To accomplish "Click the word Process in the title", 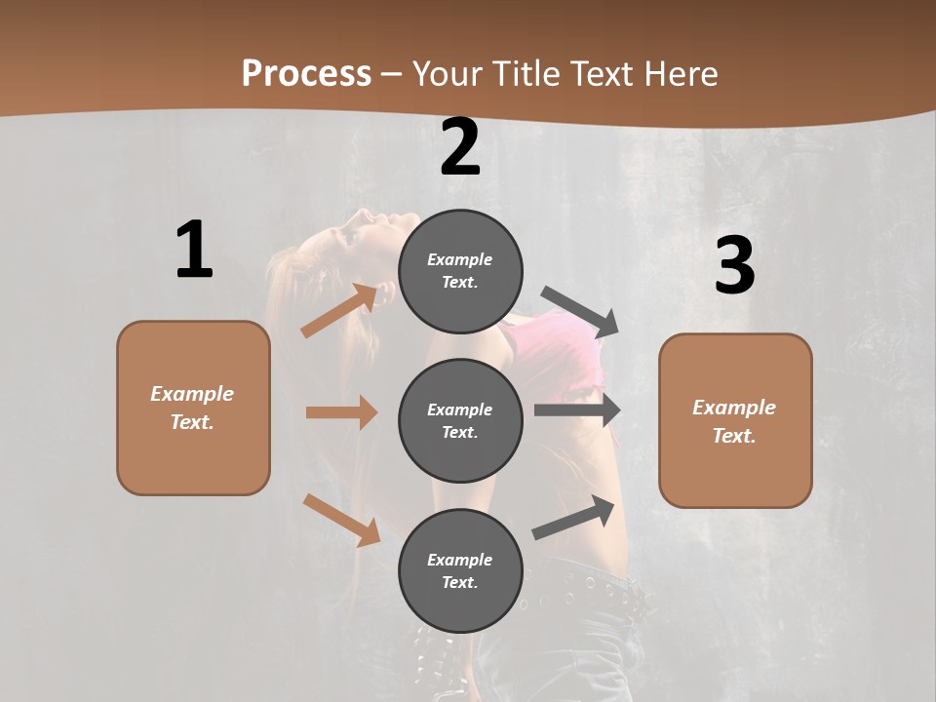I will tap(306, 73).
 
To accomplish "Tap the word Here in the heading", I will tap(680, 73).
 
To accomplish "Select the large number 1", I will tap(194, 251).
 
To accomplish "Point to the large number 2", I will tap(460, 148).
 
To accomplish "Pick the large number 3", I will tap(734, 266).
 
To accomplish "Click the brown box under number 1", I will tap(193, 408).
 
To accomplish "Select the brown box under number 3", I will tap(735, 420).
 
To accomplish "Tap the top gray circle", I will tap(460, 271).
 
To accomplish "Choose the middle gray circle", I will tap(460, 420).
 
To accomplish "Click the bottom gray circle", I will tap(460, 570).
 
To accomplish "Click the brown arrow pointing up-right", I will tap(339, 311).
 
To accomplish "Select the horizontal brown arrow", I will tap(341, 412).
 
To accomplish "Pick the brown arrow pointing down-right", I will tap(341, 520).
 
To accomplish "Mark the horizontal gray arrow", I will tap(577, 410).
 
